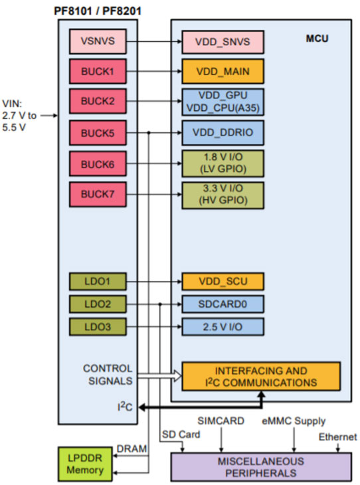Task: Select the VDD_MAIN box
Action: pos(223,70)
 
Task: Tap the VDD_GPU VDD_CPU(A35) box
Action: pos(223,101)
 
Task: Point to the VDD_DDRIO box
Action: pos(223,132)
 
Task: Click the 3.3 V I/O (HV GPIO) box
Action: pos(223,193)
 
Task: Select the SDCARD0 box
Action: pos(223,304)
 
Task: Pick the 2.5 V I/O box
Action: pos(223,326)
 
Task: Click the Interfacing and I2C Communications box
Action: pos(261,376)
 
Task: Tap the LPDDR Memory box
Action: pos(85,464)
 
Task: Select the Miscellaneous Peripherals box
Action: pos(260,466)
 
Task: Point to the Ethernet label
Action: pos(337,436)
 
